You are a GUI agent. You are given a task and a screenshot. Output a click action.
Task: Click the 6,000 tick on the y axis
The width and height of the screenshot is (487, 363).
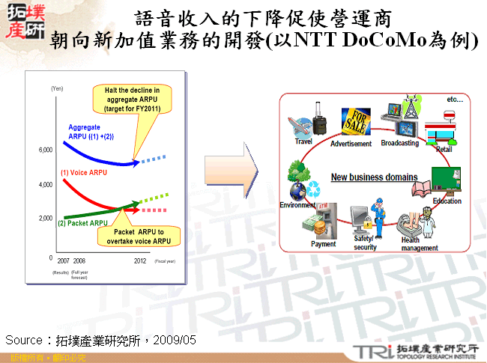click(x=45, y=150)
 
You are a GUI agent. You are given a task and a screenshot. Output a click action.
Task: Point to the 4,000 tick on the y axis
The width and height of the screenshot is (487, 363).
click(x=45, y=184)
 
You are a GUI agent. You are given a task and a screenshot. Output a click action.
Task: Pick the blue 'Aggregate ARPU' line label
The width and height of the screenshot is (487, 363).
click(x=88, y=132)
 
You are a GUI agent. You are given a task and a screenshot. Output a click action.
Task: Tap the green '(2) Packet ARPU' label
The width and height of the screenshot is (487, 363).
click(x=82, y=223)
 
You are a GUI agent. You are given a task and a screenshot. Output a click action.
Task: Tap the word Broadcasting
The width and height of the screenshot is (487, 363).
click(x=400, y=143)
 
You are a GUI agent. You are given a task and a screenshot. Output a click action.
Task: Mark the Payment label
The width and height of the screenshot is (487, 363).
click(x=323, y=244)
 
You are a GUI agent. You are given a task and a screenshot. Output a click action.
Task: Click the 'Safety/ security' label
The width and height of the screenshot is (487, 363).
click(x=365, y=242)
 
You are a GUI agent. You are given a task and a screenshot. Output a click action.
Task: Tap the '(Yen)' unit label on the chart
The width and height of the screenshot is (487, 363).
click(x=57, y=89)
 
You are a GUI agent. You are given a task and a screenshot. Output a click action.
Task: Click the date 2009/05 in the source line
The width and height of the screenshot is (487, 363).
click(x=176, y=341)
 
